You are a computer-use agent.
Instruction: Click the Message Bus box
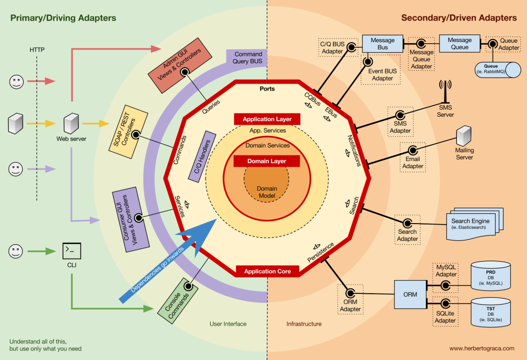point(383,44)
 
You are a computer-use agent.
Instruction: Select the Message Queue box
point(459,44)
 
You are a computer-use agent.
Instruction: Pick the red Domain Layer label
point(267,161)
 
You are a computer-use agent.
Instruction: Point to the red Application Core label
point(267,271)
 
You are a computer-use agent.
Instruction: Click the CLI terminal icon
point(72,250)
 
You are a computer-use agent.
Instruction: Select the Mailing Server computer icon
point(464,136)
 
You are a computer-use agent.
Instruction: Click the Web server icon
point(71,124)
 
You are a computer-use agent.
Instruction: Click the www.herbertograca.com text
point(482,349)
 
